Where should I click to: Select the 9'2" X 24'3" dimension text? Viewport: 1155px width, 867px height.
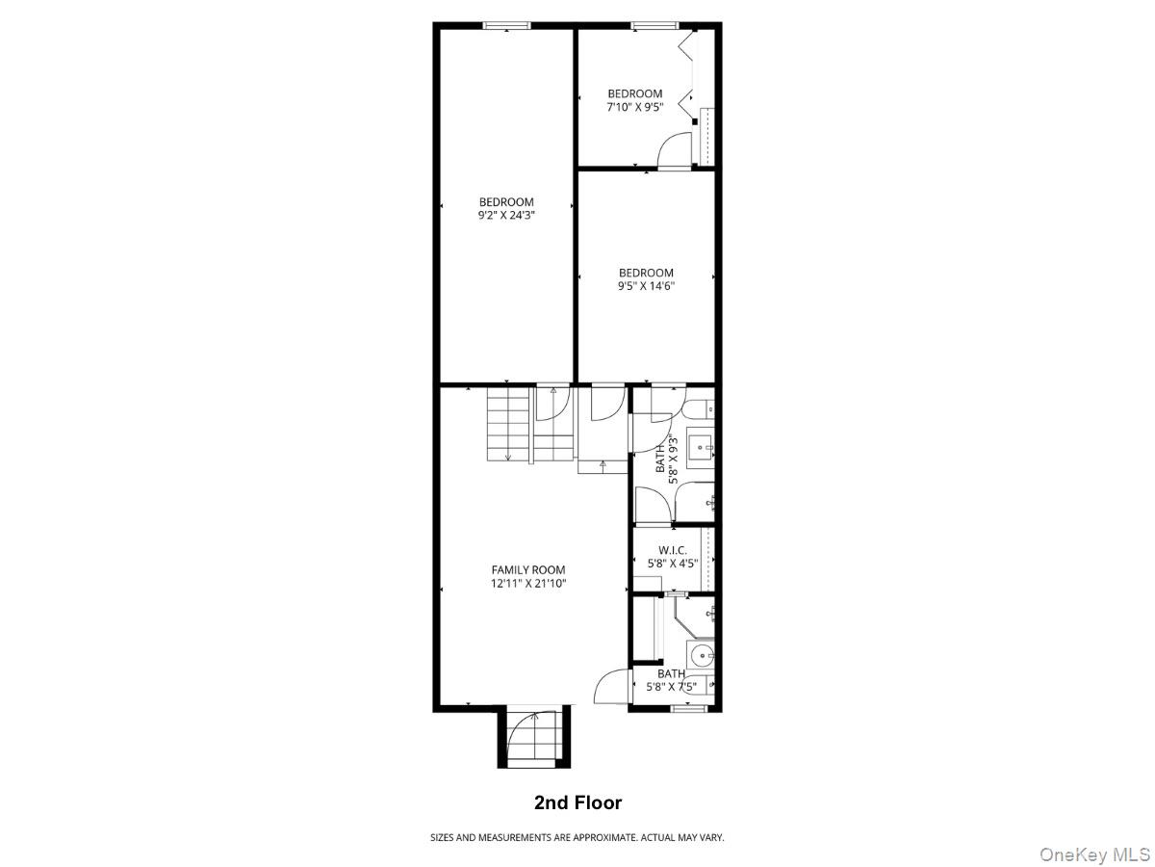(506, 216)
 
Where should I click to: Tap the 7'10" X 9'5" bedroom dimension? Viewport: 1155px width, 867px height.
(634, 107)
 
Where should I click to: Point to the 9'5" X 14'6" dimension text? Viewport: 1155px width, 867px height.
(646, 286)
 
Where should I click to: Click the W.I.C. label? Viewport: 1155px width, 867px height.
(672, 550)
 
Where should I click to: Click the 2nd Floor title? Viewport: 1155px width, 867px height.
(577, 802)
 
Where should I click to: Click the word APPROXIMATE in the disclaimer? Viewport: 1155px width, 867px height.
(604, 838)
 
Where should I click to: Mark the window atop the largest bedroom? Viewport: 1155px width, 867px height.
(507, 26)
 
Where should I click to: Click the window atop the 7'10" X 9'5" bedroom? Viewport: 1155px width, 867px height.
(654, 26)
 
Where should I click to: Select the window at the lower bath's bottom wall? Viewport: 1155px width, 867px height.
(689, 709)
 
